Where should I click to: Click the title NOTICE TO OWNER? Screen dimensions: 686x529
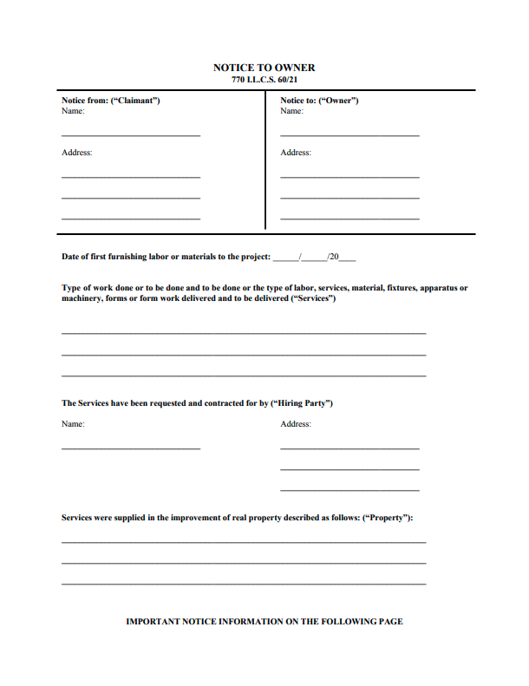[264, 68]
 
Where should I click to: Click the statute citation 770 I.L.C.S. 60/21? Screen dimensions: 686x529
[264, 80]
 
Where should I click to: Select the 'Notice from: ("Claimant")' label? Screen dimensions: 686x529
[110, 101]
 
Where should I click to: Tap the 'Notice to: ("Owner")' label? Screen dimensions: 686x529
[319, 101]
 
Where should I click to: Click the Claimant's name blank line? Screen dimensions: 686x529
[130, 135]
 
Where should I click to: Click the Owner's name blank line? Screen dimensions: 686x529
[349, 135]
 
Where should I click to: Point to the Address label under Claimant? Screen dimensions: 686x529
[76, 153]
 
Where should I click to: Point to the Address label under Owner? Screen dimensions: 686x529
[296, 153]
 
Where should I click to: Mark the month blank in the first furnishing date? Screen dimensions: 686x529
[284, 258]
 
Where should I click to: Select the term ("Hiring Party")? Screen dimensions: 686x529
[302, 403]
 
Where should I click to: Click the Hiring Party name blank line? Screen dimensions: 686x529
[130, 448]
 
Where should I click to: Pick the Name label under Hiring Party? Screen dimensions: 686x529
[73, 424]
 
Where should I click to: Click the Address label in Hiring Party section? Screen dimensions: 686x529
[296, 424]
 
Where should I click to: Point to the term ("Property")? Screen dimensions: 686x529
[388, 518]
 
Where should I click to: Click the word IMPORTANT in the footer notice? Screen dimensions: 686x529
[153, 621]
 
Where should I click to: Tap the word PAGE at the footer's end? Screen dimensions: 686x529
[390, 621]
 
